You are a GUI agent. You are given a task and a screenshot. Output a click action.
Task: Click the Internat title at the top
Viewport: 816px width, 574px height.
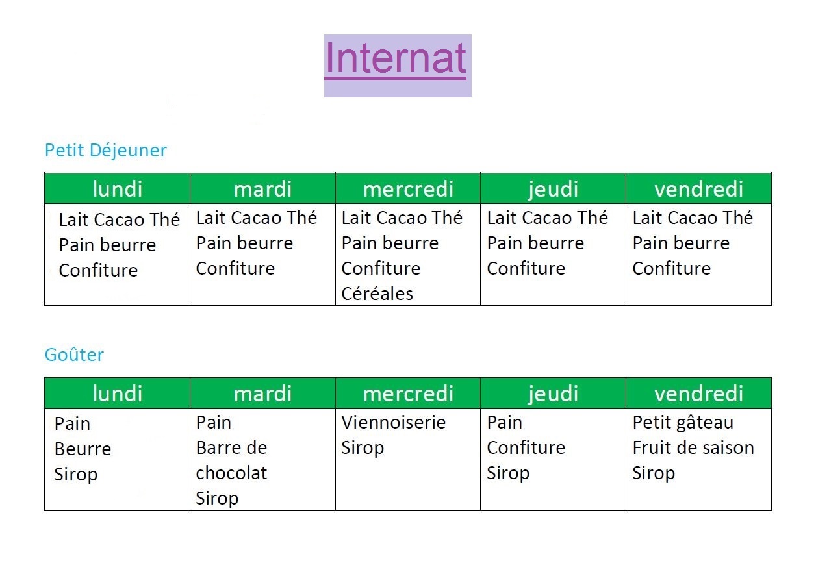396,58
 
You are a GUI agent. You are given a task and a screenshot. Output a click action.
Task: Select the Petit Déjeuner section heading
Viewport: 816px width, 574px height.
106,151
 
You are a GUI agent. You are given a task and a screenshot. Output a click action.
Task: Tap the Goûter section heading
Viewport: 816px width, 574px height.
74,355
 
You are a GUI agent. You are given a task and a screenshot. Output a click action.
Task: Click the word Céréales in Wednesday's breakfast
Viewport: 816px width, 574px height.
377,293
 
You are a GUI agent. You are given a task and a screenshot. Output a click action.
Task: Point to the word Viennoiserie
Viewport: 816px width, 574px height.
394,422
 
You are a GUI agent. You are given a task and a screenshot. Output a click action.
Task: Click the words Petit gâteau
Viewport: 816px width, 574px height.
683,423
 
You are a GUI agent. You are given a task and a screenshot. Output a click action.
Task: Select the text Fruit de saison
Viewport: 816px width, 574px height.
693,447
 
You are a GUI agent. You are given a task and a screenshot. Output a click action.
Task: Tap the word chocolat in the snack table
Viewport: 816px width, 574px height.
231,473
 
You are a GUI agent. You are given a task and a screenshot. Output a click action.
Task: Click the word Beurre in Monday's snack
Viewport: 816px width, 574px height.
83,449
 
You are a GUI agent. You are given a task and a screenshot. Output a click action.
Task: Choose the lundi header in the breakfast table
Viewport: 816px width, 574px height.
118,189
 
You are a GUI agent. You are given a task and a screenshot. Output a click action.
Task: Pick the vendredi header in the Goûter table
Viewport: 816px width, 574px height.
698,393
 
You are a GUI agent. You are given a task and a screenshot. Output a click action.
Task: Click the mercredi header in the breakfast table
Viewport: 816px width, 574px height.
408,189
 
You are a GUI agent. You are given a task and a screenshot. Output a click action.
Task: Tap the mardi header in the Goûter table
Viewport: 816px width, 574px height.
262,393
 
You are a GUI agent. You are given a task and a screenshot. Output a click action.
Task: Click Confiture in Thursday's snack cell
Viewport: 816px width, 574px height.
526,447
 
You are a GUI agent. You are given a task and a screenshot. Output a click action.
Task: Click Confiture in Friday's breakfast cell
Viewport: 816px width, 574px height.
671,269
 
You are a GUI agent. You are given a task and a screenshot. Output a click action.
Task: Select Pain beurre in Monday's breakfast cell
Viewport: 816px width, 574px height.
107,245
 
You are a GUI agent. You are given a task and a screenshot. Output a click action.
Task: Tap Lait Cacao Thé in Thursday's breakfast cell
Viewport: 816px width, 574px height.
548,218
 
